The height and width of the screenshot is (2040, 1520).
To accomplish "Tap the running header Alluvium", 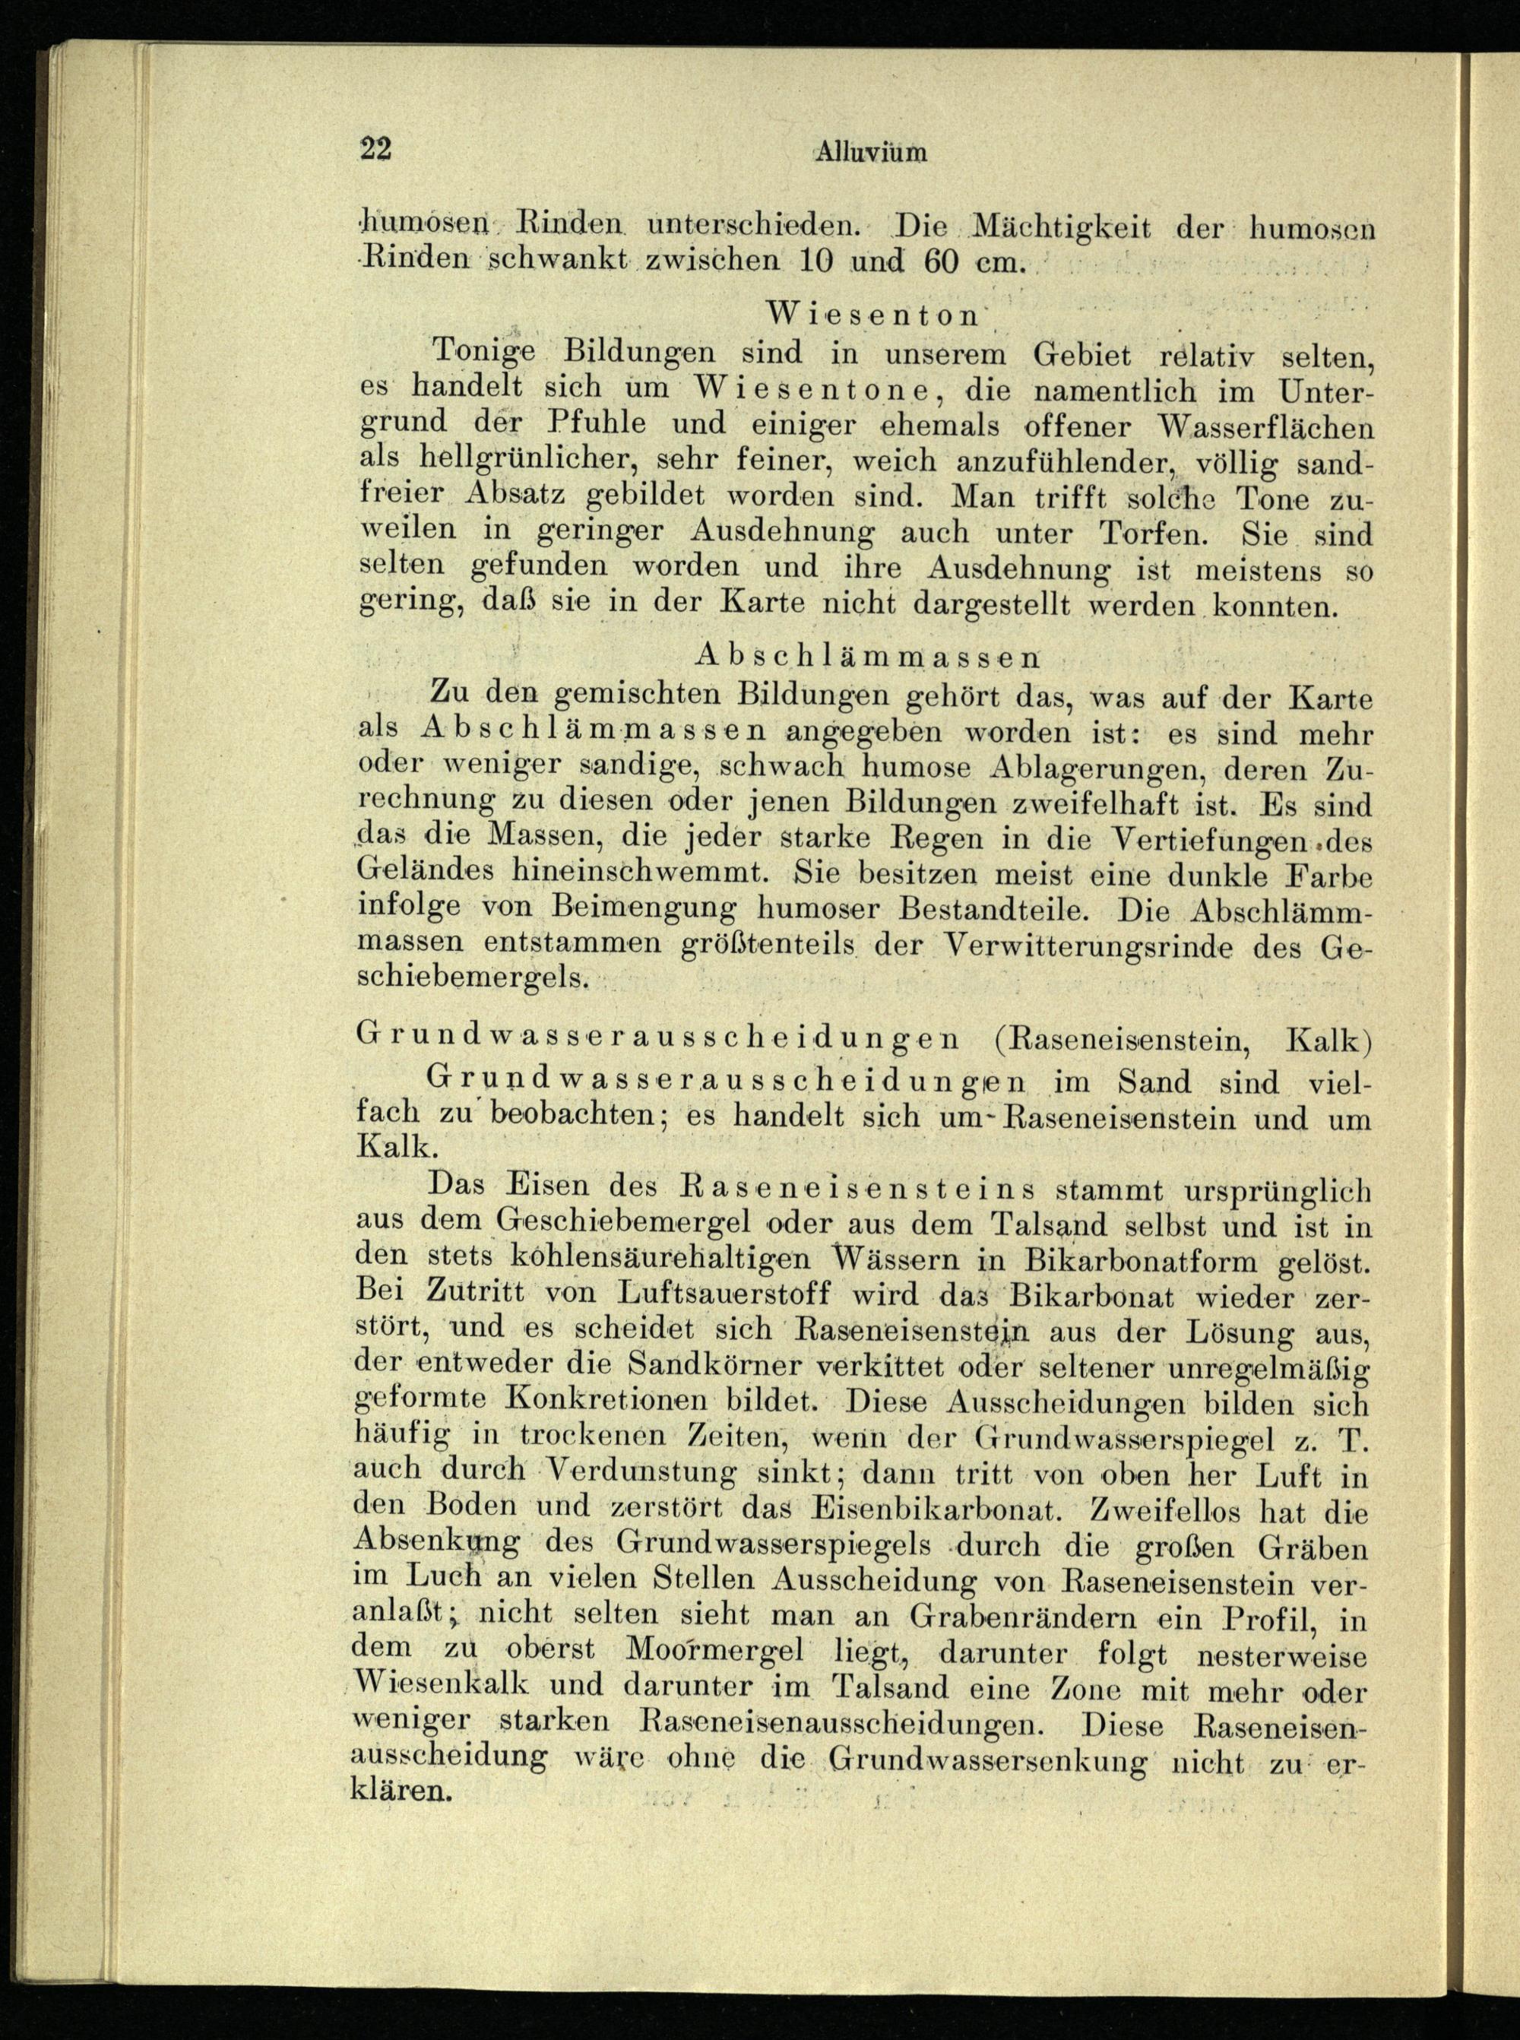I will point(869,153).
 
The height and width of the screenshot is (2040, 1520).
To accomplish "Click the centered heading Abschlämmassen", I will point(868,656).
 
